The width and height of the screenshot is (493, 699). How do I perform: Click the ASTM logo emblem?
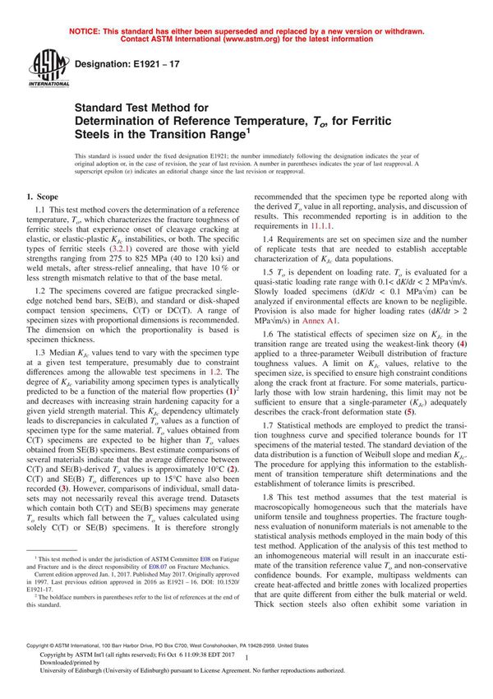click(41, 67)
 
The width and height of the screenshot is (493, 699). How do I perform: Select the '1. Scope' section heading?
click(43, 197)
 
